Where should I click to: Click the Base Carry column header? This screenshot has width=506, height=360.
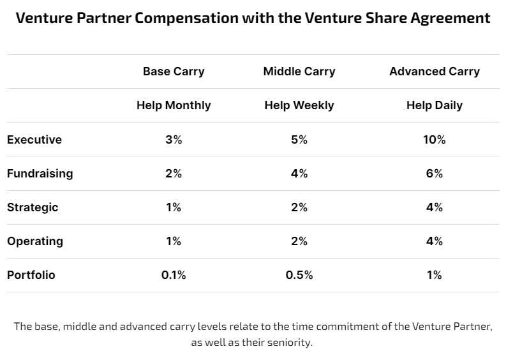tap(174, 71)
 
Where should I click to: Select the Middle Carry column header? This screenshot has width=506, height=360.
tap(299, 71)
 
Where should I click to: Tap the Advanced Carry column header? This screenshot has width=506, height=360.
tap(434, 71)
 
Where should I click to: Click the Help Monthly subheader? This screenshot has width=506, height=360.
tap(174, 105)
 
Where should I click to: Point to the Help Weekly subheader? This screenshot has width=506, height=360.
tap(299, 105)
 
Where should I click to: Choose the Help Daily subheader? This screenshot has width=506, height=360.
tap(434, 105)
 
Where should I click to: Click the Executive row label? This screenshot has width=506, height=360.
tap(34, 139)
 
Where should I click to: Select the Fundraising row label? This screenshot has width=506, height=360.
tap(40, 173)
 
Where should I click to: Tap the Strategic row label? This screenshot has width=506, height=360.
tap(33, 207)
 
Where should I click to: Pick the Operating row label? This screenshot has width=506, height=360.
tap(35, 241)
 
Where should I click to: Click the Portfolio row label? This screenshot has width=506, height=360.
tap(31, 275)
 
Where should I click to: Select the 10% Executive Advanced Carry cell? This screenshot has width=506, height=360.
tap(434, 139)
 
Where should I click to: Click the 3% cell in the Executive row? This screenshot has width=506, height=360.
tap(174, 139)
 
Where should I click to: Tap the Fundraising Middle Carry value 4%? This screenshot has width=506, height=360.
tap(299, 173)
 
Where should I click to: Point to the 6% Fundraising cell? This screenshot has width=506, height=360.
tap(434, 173)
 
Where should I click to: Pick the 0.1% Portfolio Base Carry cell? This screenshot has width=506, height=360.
tap(174, 275)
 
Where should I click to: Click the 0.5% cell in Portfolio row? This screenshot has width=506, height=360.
tap(299, 275)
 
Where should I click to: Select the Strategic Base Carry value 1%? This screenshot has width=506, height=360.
tap(174, 207)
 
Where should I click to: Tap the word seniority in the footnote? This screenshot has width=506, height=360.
tap(287, 343)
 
